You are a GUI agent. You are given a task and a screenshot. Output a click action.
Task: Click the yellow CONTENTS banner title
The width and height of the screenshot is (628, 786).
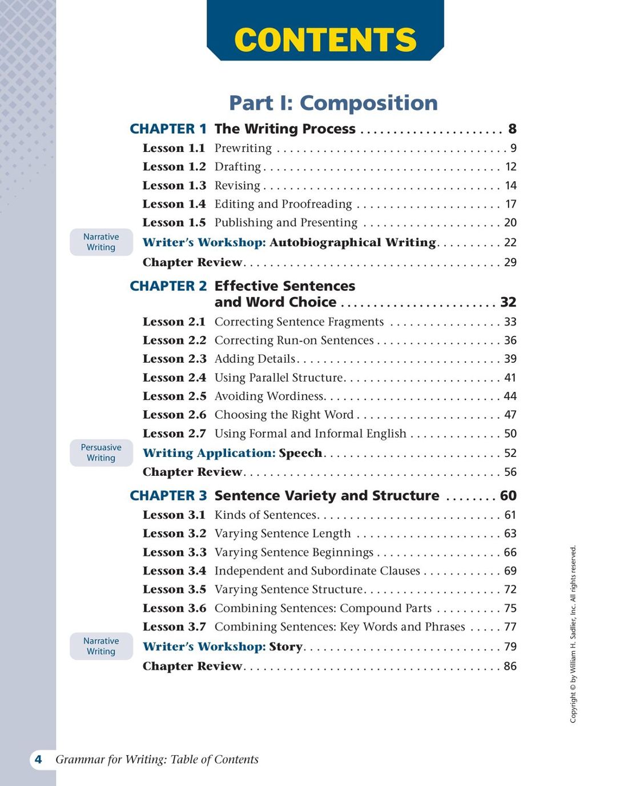pos(325,39)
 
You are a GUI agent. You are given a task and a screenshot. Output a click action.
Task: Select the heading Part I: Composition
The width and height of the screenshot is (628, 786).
pos(333,103)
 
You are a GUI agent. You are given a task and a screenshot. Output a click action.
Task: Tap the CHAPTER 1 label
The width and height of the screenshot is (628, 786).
pos(168,129)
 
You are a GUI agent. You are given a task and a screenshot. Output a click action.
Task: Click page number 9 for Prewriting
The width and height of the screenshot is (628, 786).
pos(513,149)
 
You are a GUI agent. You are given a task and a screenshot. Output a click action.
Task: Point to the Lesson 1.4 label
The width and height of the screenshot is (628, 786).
pos(174,204)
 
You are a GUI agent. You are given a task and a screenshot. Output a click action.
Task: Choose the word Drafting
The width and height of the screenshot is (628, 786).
pos(237,167)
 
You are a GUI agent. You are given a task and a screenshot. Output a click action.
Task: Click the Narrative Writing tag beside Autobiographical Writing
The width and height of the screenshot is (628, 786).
pos(101,242)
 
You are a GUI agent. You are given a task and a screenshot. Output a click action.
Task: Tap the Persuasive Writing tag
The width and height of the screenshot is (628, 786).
pos(101,452)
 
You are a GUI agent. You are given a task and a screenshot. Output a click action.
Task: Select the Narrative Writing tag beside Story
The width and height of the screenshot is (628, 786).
pos(101,646)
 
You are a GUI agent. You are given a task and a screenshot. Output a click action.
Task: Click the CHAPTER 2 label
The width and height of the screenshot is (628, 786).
pos(168,286)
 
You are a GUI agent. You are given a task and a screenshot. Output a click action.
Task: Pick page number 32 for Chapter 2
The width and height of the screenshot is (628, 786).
pos(508,302)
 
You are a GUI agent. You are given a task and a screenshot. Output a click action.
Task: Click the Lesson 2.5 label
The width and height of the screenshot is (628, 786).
pos(174,396)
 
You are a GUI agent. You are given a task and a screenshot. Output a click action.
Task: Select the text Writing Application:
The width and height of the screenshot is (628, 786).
pos(209,453)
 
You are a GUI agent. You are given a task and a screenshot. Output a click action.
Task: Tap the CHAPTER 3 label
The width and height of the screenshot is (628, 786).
pos(168,496)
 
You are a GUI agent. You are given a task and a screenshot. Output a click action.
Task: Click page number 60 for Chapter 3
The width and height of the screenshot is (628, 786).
pos(508,496)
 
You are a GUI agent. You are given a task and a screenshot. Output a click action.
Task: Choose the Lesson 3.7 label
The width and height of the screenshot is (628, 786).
pos(174,627)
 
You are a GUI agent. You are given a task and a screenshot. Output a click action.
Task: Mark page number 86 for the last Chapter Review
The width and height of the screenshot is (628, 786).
pos(510,666)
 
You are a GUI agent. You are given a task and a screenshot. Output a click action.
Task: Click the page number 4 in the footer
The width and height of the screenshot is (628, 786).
pos(38,759)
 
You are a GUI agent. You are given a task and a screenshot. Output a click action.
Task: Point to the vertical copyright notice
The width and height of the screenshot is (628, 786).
pos(573,634)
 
